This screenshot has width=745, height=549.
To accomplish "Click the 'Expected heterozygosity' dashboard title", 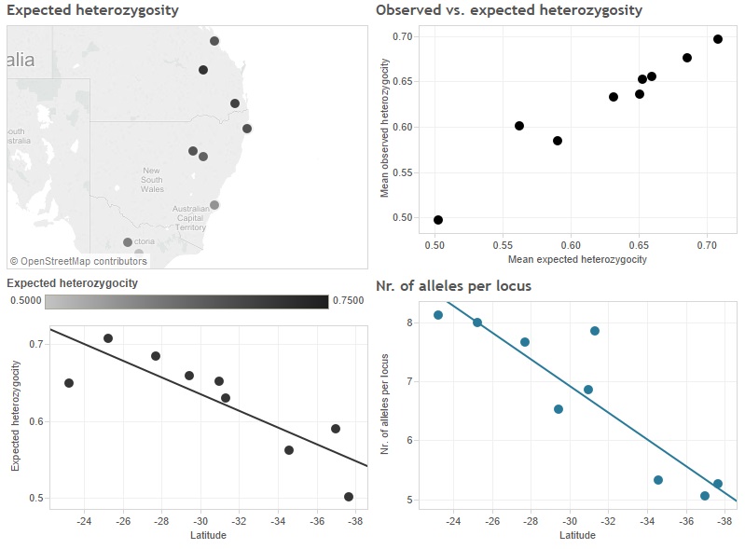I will (93, 10).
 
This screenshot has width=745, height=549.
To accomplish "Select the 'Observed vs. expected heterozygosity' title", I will (508, 10).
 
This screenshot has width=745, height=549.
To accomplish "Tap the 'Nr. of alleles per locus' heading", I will (453, 285).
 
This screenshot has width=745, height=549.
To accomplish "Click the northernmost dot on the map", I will (214, 41).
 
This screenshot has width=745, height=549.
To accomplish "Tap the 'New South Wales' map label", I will (152, 179).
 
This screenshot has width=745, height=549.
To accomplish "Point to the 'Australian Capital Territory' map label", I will (190, 218).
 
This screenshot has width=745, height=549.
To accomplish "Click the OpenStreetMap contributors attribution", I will (78, 261).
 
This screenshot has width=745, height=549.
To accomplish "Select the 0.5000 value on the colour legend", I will (26, 301).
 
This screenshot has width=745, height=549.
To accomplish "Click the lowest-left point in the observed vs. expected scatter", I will (438, 220).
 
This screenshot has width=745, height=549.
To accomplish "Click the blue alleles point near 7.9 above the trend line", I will (594, 331).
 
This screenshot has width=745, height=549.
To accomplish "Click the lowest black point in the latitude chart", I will (349, 497).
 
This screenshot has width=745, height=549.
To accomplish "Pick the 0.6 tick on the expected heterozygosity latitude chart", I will (37, 421).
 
